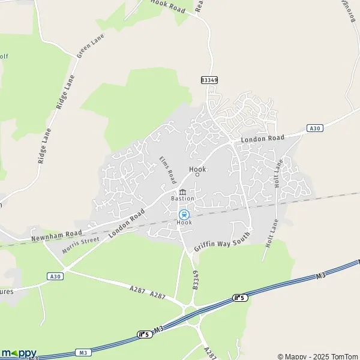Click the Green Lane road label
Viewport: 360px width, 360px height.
[x=91, y=46]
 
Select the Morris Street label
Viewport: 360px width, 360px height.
[x=80, y=244]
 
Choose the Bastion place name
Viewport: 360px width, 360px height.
[x=183, y=199]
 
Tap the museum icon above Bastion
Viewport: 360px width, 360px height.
[x=182, y=191]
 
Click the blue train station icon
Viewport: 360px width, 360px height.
[x=184, y=214]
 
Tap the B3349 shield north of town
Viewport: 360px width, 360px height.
[x=209, y=79]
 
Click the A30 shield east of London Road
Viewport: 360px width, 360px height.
[x=314, y=128]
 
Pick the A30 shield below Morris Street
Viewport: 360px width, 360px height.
[x=55, y=276]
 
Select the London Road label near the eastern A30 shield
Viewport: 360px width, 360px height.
[x=263, y=139]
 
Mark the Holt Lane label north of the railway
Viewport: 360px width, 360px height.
[x=277, y=174]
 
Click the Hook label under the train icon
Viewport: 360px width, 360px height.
[x=184, y=223]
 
